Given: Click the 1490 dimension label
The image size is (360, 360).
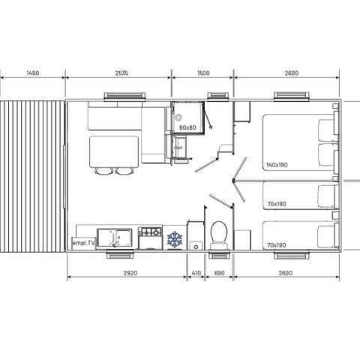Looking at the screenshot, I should coord(32,73).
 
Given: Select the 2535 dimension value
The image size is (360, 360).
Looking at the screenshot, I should coord(118,73).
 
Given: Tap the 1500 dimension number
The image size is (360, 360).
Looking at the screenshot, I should coord(202,73).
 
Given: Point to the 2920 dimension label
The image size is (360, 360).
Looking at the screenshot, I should coord(126,274).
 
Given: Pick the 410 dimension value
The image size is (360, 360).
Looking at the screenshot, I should coord(196,274).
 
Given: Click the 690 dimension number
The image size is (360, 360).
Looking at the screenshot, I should coord(220,274).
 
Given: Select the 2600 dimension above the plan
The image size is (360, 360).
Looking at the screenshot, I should coord(292,73).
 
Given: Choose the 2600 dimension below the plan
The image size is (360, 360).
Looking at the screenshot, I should coord(292,274).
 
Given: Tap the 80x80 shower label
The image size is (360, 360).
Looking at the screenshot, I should coord(187,127).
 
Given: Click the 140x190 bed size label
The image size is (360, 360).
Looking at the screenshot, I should coord(277,164).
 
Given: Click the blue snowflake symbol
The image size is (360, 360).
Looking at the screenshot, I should coord(175,239).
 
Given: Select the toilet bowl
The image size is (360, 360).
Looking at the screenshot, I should coord(220,232).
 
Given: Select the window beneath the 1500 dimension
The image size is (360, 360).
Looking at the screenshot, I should coord(219,95).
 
